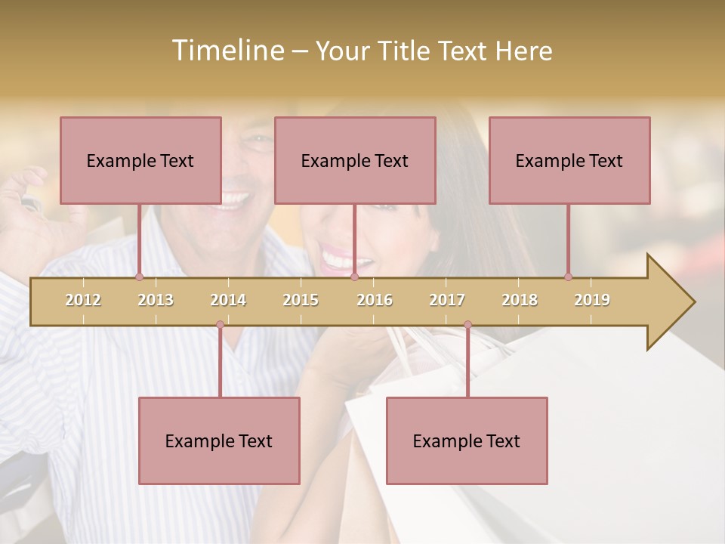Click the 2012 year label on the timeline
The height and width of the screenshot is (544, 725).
(83, 300)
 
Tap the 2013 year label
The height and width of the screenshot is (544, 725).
(156, 300)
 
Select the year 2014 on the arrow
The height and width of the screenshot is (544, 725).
(228, 300)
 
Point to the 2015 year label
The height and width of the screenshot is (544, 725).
(301, 300)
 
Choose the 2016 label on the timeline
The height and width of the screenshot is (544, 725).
(375, 300)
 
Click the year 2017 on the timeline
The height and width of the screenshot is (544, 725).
(447, 300)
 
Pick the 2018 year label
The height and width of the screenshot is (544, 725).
(520, 300)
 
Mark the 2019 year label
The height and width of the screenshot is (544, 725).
(592, 300)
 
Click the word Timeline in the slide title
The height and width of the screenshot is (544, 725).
(227, 51)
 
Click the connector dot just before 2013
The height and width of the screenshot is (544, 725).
(139, 277)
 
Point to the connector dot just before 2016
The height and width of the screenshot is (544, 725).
(354, 277)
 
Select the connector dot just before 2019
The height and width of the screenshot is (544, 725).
(568, 277)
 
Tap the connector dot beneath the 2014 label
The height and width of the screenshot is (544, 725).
(220, 325)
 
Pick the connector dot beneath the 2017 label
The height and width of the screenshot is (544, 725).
(467, 325)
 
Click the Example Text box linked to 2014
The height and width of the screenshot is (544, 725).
(219, 440)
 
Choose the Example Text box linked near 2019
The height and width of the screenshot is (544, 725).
(569, 160)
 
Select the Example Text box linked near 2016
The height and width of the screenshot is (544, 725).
(355, 160)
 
